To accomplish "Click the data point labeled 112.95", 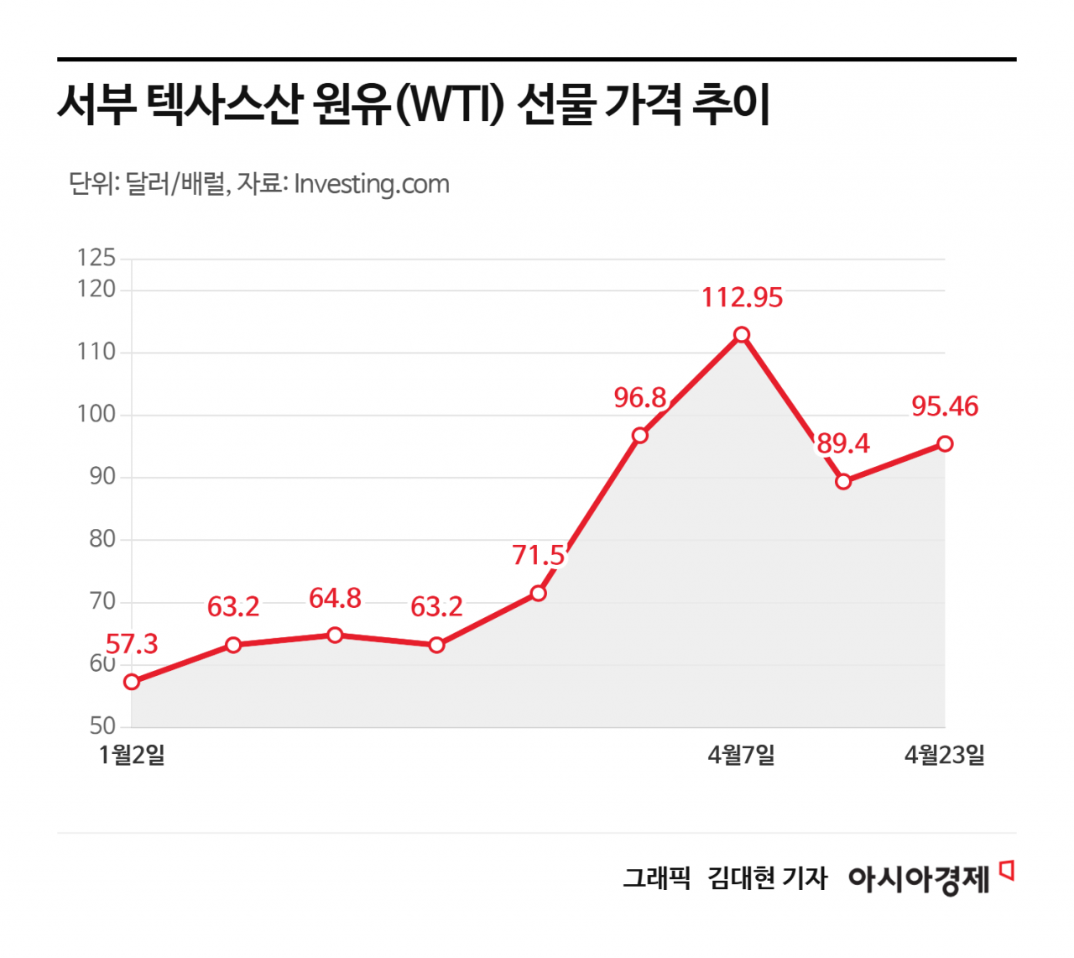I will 742,335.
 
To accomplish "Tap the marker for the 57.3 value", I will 132,682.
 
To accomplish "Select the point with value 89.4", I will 843,482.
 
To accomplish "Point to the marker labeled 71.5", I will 539,594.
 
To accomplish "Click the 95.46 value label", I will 945,406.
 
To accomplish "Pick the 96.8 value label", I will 640,398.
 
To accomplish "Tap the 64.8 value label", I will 335,599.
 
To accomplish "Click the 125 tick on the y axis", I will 96,258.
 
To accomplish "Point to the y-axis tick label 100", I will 96,414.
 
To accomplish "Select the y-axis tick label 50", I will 102,726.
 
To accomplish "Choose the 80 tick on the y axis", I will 102,539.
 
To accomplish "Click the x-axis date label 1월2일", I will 132,755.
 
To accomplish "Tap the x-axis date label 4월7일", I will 741,755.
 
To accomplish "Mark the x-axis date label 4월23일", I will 944,755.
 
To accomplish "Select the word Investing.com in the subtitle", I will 372,184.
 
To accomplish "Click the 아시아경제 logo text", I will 920,879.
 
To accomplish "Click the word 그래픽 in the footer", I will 656,878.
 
